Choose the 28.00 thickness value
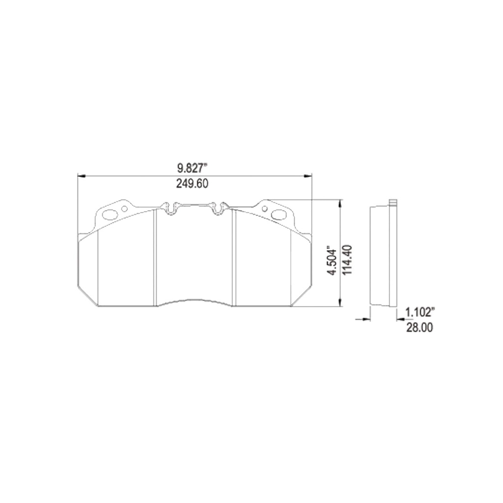(x=419, y=328)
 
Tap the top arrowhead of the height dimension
(x=340, y=202)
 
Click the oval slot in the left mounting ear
(x=110, y=214)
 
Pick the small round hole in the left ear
(x=124, y=209)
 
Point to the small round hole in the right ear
(x=265, y=209)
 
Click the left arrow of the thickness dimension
(x=365, y=319)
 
